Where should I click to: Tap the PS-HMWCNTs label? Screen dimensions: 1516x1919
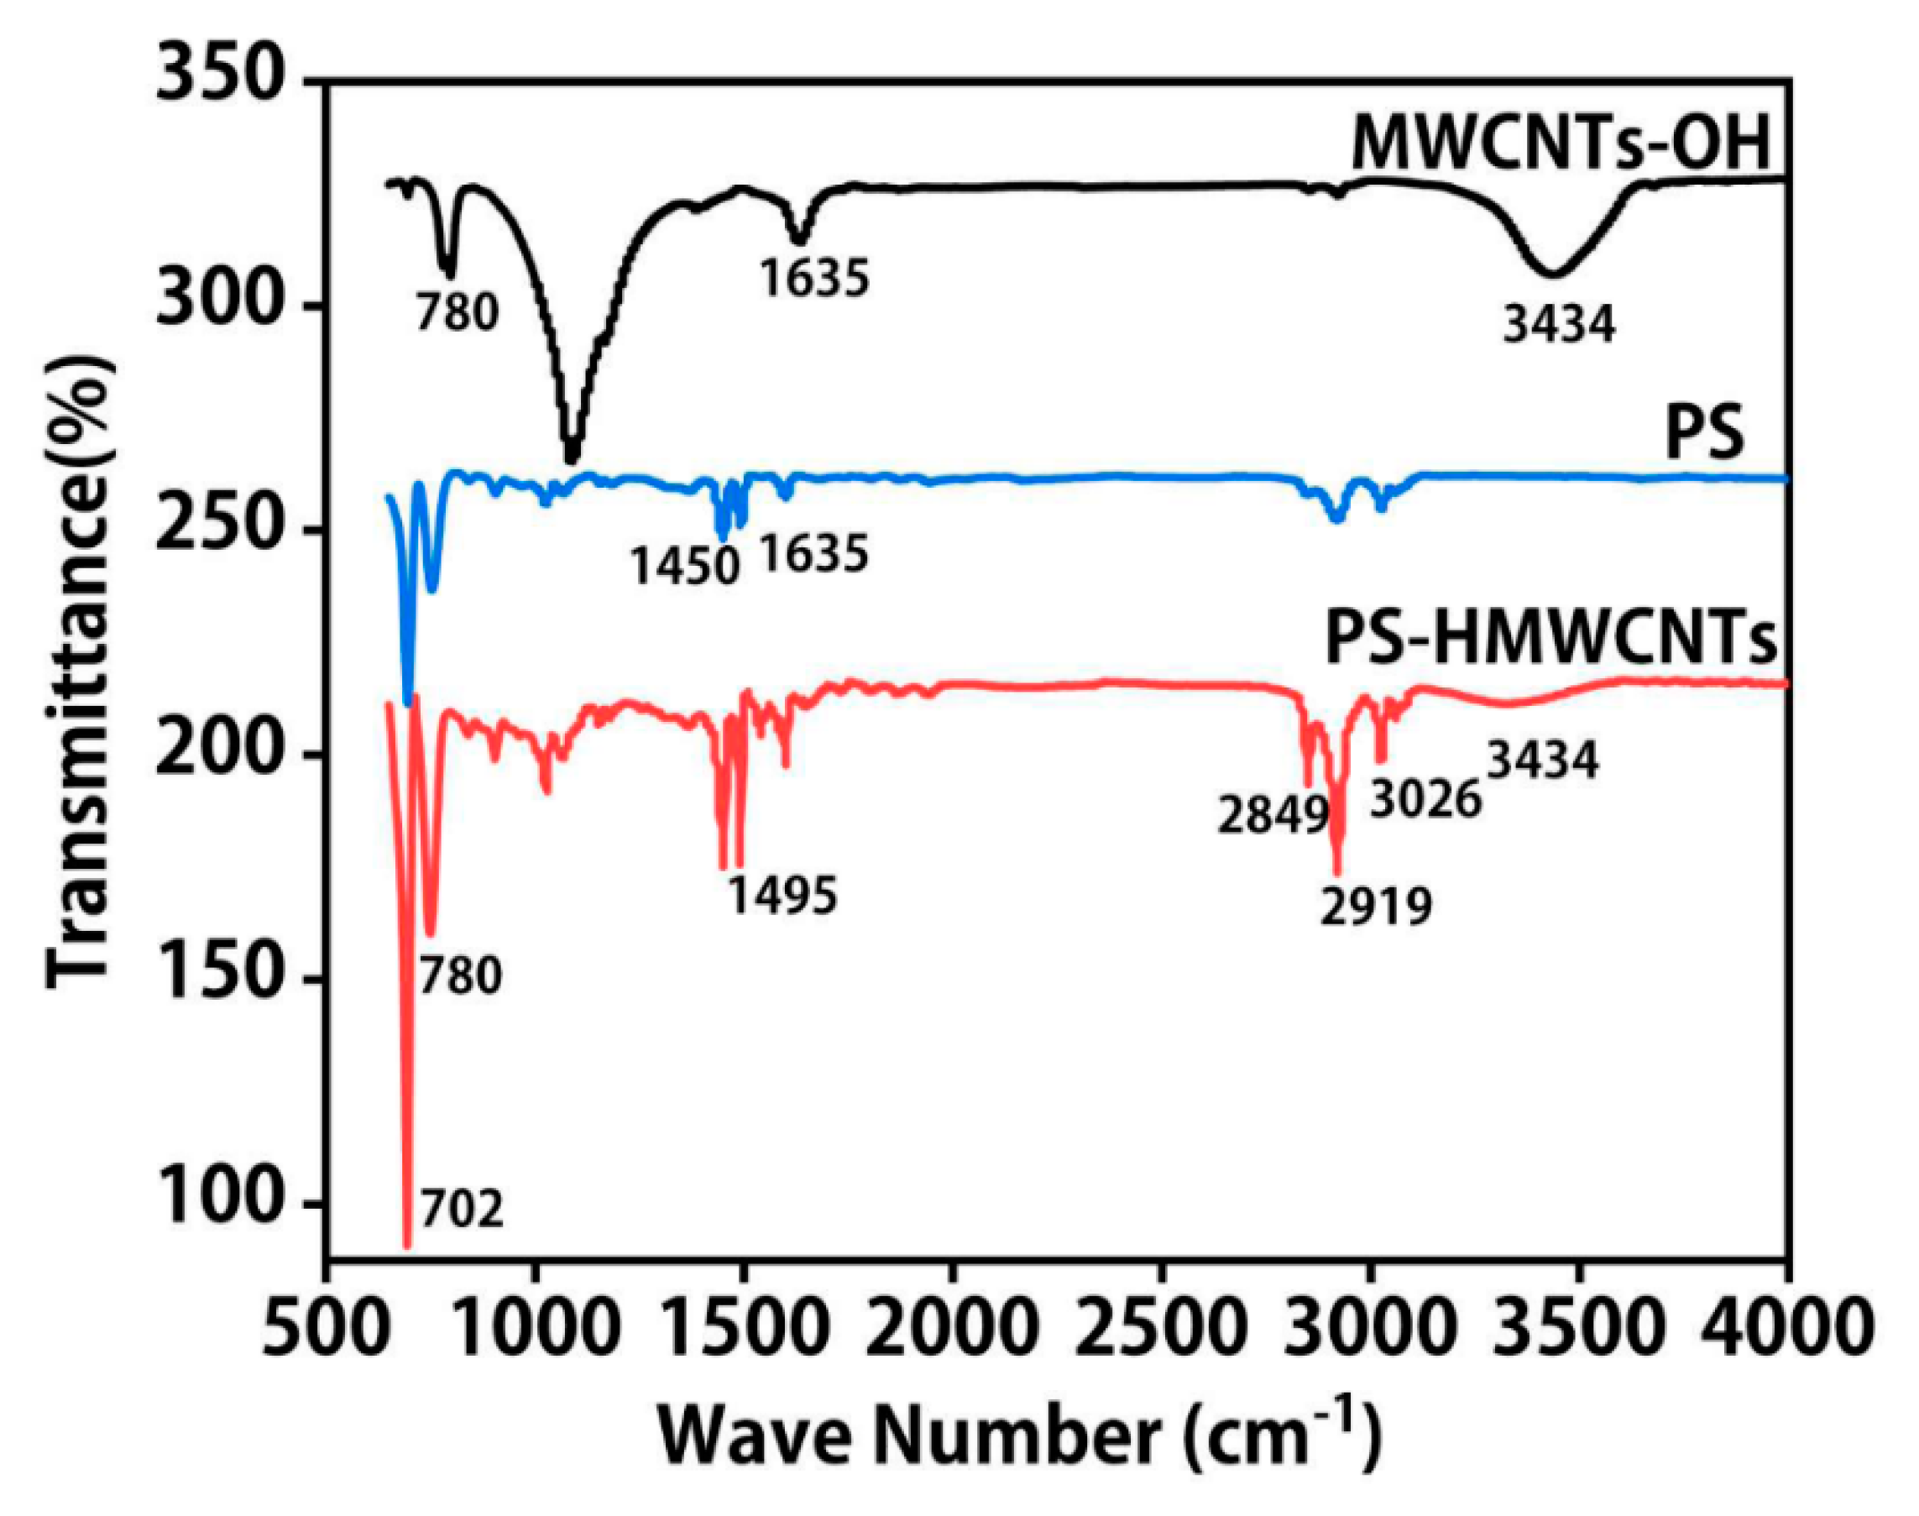[1551, 637]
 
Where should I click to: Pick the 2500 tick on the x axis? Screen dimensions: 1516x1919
[1160, 1330]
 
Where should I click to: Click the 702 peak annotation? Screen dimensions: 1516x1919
[462, 1209]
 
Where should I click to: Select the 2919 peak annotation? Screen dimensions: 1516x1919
[1376, 907]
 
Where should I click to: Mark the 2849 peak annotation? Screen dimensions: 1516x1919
[1271, 816]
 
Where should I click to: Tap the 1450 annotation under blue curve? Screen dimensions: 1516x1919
[684, 566]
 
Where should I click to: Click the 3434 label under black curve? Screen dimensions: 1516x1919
[1559, 324]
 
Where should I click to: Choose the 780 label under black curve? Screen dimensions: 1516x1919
[458, 312]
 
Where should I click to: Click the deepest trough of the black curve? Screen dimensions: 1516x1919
[572, 457]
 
